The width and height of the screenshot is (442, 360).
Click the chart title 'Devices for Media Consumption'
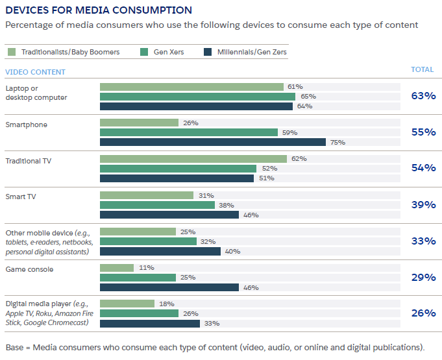pos(99,10)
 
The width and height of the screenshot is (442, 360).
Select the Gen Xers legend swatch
pos(143,52)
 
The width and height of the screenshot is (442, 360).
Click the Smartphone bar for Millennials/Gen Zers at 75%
pos(212,142)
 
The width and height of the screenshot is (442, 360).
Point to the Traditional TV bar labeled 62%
pos(193,159)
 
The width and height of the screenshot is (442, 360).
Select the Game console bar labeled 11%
pos(116,267)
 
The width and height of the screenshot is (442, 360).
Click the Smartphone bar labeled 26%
pos(139,123)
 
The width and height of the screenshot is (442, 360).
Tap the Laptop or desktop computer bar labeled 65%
pos(197,96)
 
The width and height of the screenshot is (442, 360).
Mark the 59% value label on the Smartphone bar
pos(289,132)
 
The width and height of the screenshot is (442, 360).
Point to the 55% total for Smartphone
pos(423,132)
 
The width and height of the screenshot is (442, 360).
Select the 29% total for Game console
pos(423,277)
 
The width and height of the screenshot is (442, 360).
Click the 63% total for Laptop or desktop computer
pos(423,96)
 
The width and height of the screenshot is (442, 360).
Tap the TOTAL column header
pos(423,69)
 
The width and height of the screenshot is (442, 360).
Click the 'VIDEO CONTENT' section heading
pos(35,72)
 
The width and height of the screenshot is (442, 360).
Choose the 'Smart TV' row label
pos(21,196)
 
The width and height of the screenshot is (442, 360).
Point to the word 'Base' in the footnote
pos(15,346)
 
